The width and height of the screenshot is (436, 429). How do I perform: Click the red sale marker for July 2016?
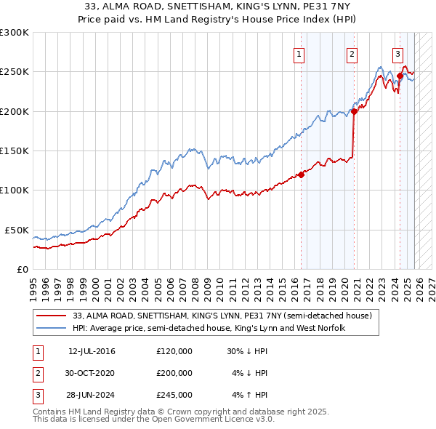301,175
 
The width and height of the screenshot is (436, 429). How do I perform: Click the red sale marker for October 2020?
355,111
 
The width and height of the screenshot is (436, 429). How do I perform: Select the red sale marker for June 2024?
400,76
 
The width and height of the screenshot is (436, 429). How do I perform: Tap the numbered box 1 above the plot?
299,53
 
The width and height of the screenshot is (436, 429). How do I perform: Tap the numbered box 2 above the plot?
352,53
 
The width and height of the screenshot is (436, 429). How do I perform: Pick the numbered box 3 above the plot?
397,53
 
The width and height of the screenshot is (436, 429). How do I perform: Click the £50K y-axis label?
16,230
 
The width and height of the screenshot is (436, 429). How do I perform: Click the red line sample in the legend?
52,316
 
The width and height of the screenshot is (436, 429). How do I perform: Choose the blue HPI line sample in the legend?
52,329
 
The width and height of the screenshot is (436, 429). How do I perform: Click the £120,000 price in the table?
174,351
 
